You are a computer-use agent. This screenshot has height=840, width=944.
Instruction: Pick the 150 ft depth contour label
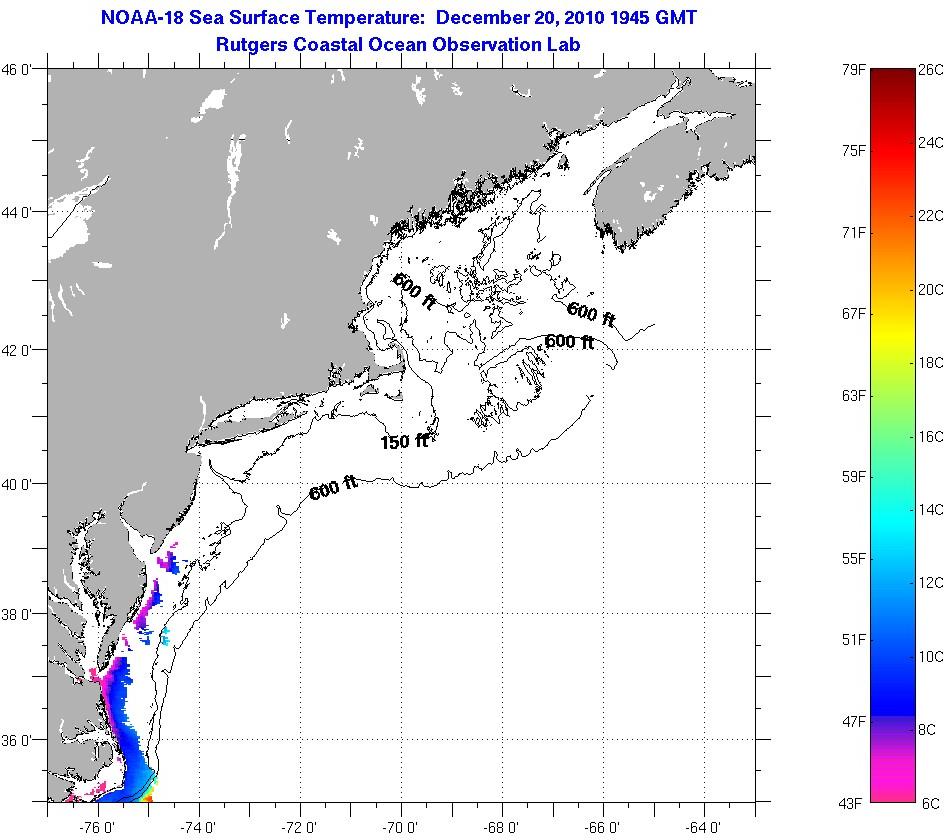(x=404, y=441)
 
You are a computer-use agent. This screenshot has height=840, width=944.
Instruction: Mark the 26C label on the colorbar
(x=930, y=70)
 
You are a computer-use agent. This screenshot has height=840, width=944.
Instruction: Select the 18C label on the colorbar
(x=930, y=363)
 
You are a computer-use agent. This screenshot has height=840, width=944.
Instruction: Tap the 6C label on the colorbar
(x=930, y=802)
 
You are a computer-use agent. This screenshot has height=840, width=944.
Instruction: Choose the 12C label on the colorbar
(x=930, y=583)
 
